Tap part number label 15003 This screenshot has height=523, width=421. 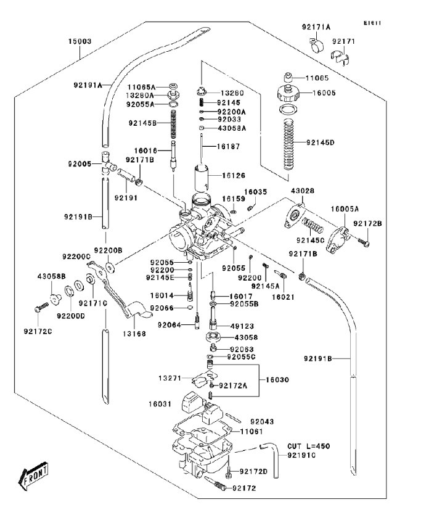(80, 42)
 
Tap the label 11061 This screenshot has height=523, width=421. (252, 432)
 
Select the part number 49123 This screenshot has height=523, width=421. (245, 326)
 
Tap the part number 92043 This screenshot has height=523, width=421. (263, 421)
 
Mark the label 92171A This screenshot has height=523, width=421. (316, 27)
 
